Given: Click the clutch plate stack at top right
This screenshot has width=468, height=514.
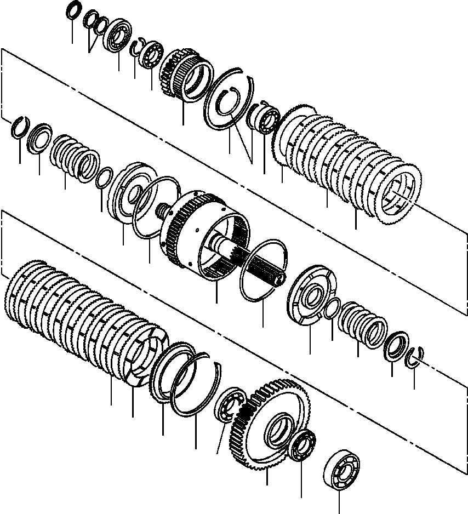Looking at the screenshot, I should [351, 164].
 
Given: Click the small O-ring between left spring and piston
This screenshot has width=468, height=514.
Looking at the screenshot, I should [104, 178].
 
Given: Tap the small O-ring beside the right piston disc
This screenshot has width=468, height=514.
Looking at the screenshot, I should [332, 309].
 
